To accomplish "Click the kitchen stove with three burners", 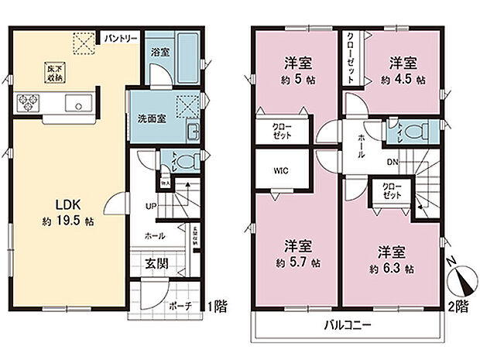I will click(29, 101).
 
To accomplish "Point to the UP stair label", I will click(153, 207).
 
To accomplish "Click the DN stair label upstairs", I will click(393, 162).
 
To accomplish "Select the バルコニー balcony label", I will click(348, 324).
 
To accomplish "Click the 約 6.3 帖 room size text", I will click(391, 269).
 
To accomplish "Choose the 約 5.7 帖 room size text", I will click(297, 263).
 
